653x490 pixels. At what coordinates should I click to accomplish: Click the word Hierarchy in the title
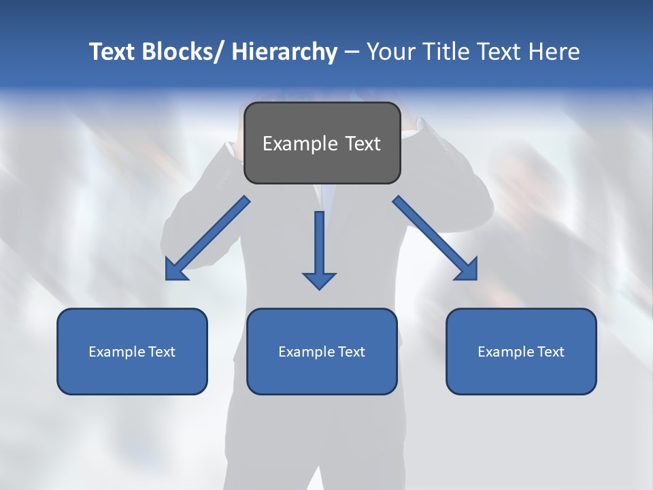click(x=284, y=52)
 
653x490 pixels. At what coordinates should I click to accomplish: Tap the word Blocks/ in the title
click(x=180, y=52)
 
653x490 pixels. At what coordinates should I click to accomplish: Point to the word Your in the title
click(x=391, y=52)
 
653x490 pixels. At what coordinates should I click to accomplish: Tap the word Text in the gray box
click(x=363, y=144)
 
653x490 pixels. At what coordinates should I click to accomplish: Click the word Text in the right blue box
click(x=550, y=352)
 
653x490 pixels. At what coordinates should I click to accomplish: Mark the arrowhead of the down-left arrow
click(x=174, y=272)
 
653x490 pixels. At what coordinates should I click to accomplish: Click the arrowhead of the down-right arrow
click(x=468, y=270)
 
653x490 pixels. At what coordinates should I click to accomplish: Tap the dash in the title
click(x=352, y=52)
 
